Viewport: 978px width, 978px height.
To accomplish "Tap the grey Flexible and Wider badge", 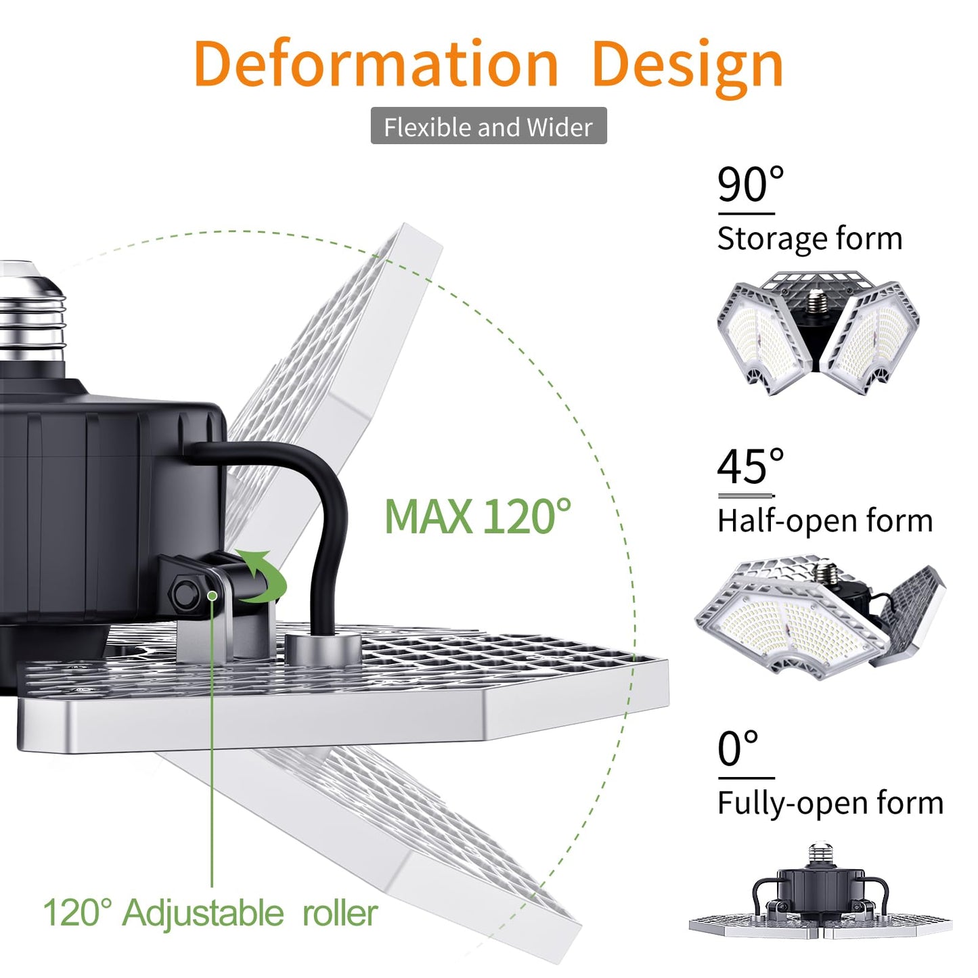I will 488,127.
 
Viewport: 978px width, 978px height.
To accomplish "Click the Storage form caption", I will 809,239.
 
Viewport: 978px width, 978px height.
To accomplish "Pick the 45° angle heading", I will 750,467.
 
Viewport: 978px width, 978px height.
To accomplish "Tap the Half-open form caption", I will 824,521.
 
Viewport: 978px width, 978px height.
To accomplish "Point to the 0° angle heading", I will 738,749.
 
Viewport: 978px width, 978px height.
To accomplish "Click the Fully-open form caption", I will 830,803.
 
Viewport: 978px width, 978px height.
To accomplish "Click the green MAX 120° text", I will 478,518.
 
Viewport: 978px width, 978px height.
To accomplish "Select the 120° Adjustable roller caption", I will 210,913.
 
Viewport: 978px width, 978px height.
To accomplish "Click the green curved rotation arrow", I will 263,577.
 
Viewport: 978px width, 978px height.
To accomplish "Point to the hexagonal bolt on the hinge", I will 184,594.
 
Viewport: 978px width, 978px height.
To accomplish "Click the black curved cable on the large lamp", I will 318,514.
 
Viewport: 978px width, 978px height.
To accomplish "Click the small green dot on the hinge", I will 212,596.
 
